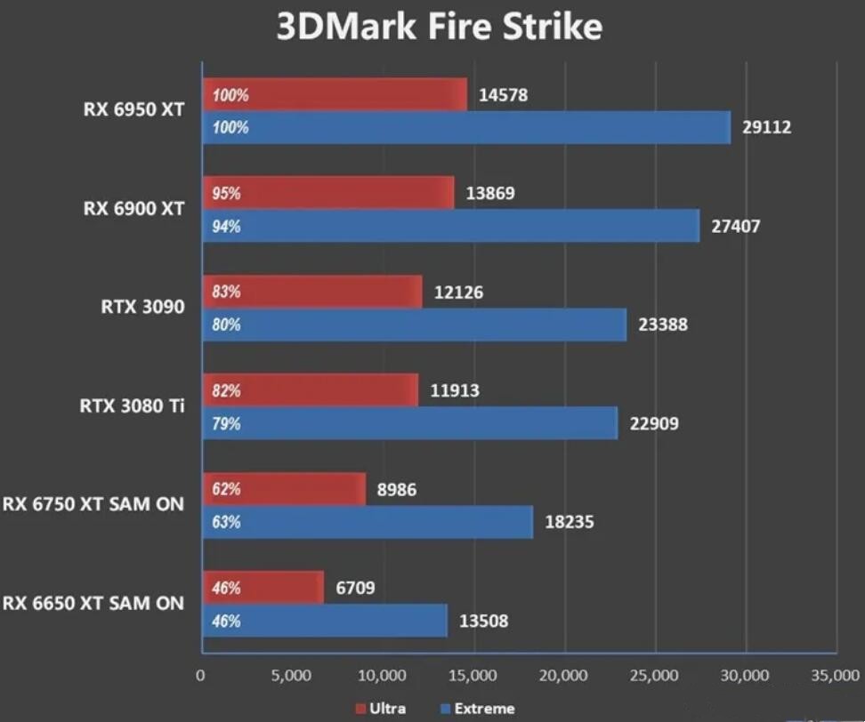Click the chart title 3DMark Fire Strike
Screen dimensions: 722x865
click(x=439, y=27)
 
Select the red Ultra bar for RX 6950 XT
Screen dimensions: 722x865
click(x=335, y=94)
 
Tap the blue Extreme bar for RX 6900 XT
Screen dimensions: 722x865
click(x=451, y=226)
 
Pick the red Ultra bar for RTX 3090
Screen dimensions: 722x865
click(x=312, y=292)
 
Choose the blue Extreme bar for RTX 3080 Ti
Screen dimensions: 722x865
click(x=410, y=423)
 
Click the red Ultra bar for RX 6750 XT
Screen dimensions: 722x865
click(x=285, y=489)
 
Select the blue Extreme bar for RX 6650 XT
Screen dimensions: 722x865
click(x=325, y=621)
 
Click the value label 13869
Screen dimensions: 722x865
click(x=489, y=193)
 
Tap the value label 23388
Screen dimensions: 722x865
click(x=663, y=325)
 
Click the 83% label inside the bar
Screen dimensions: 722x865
click(x=226, y=292)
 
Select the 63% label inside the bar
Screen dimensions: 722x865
click(x=226, y=522)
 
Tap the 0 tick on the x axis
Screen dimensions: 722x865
click(x=201, y=677)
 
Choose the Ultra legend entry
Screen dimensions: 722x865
click(x=382, y=709)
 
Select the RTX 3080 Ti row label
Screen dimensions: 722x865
click(x=133, y=407)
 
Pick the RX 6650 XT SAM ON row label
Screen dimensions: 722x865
click(x=93, y=604)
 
